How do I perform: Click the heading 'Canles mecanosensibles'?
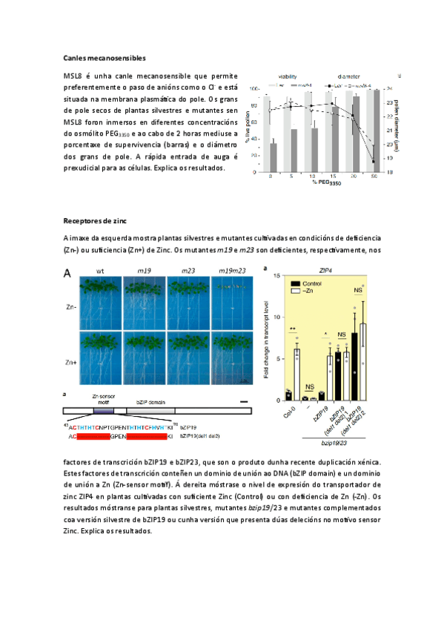click(104, 57)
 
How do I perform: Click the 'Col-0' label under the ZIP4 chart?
click(289, 411)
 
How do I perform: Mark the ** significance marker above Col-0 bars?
click(293, 329)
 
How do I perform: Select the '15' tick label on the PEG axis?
click(334, 177)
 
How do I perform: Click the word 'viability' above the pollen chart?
click(288, 76)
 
